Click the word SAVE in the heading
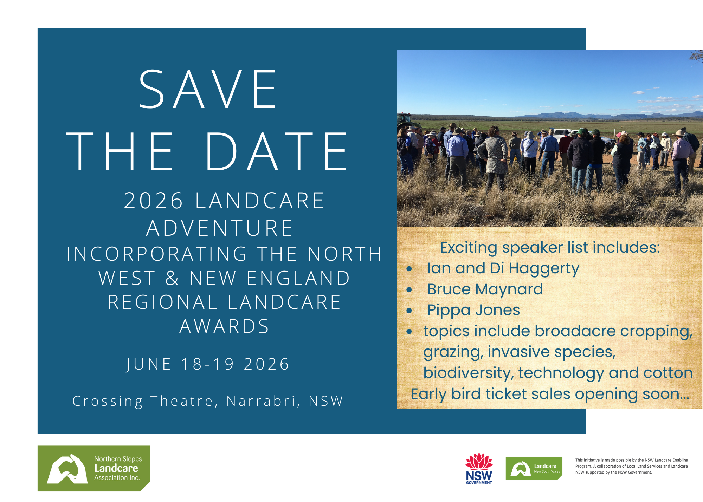pos(208,89)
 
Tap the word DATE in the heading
pos(277,152)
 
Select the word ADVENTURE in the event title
pos(220,228)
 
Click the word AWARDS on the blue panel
pos(224,326)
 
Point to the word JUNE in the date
pos(149,364)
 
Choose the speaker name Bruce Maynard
pos(485,289)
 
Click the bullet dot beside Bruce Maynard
pos(409,290)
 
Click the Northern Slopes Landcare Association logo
pos(94,468)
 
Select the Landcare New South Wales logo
pos(534,468)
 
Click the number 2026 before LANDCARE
pos(153,201)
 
